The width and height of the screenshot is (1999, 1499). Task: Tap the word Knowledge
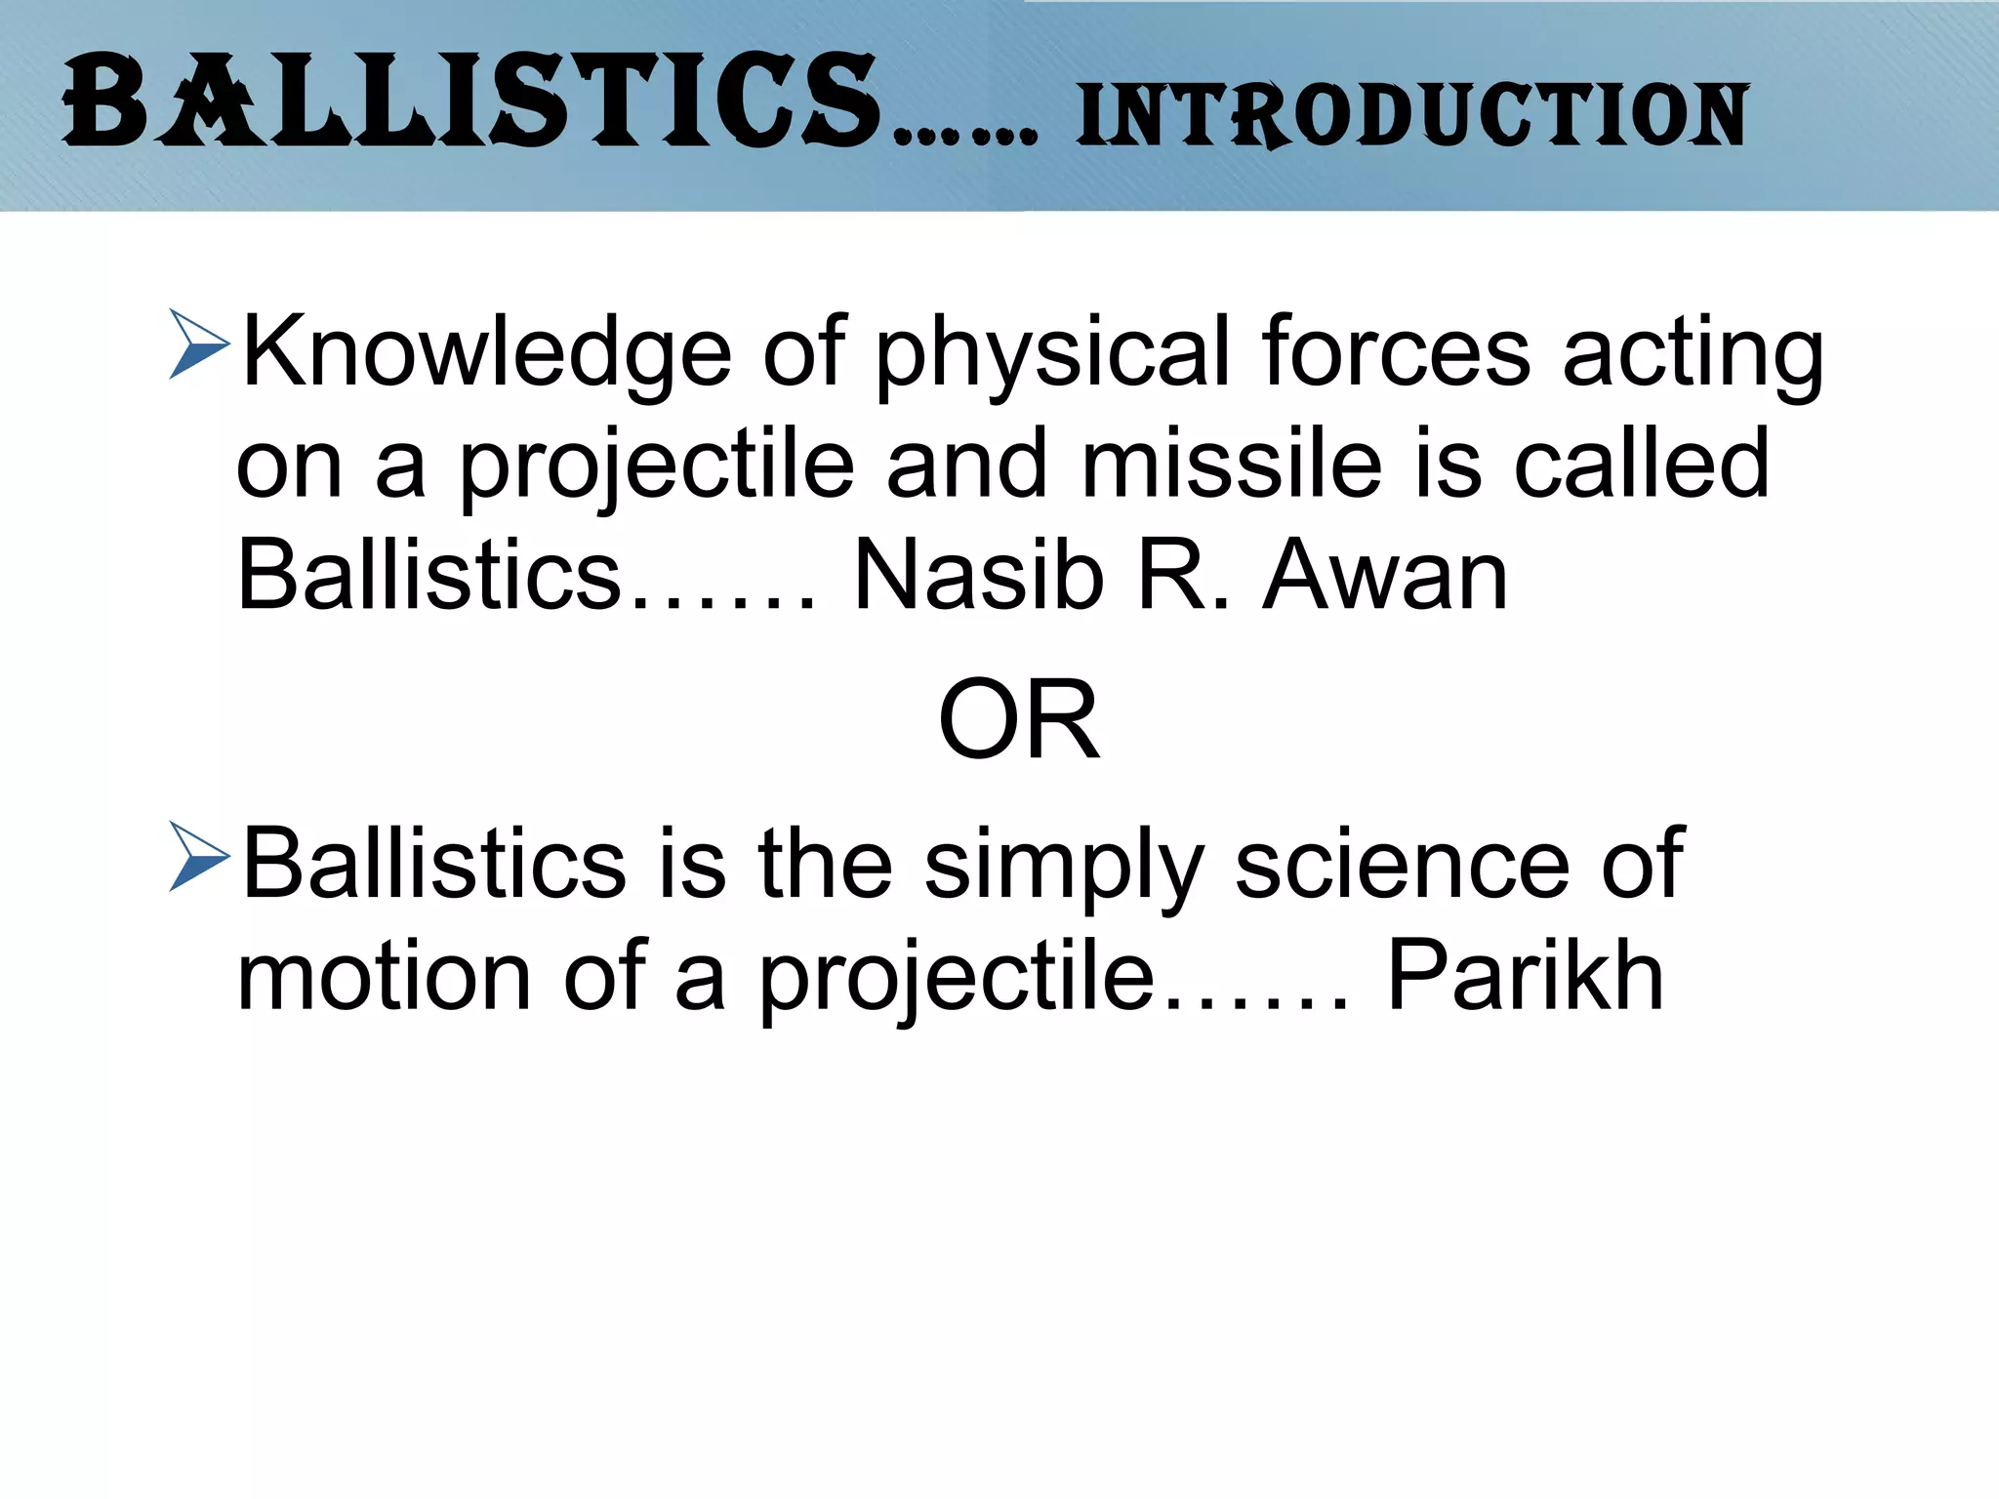[486, 353]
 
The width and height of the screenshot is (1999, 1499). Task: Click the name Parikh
[1525, 976]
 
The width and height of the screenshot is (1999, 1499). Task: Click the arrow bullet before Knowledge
[198, 344]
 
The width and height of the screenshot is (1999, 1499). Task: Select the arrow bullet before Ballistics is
[198, 856]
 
